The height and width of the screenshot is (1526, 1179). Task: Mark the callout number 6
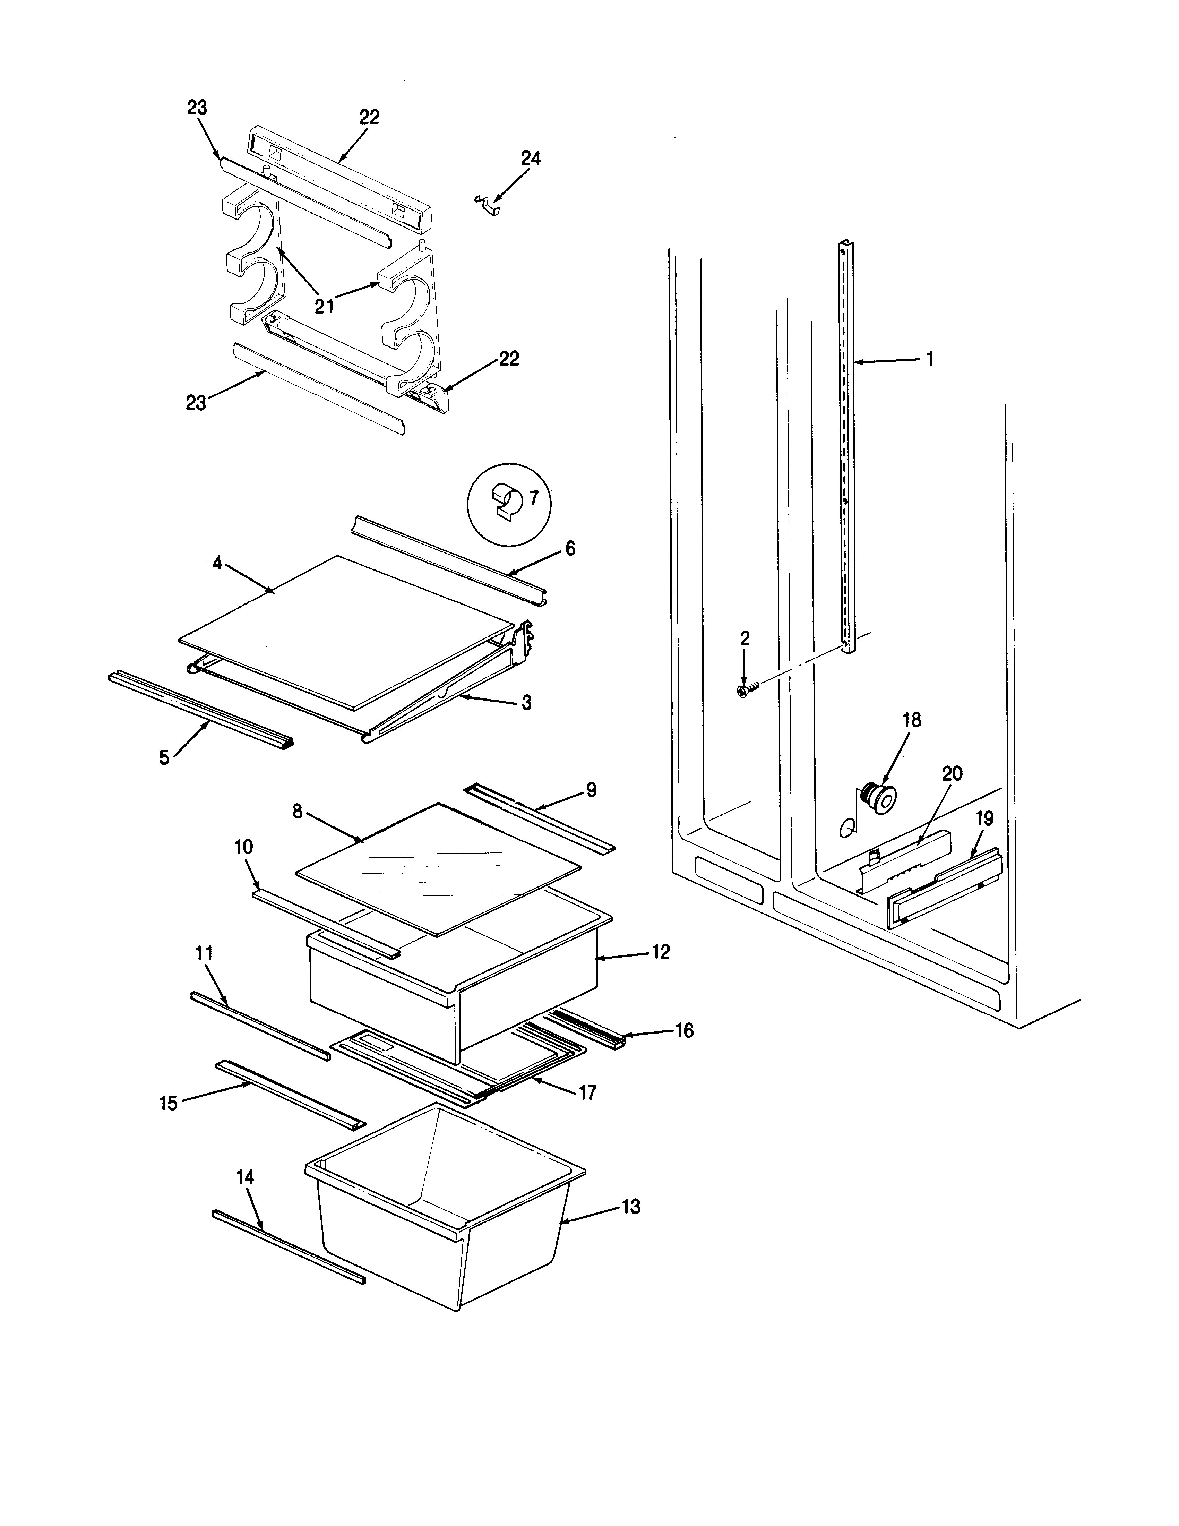tap(570, 549)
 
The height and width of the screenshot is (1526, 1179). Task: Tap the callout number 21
tap(324, 306)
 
